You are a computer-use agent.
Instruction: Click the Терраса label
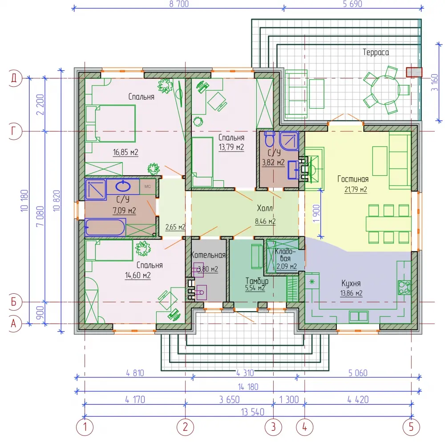[376, 52]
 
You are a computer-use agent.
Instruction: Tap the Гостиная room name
[353, 179]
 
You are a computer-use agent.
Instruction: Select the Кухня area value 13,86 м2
[352, 293]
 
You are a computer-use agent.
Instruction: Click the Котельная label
[208, 255]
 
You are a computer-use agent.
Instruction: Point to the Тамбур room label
[257, 281]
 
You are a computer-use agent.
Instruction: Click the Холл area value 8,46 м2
[265, 221]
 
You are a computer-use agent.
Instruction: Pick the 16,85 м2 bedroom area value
[125, 152]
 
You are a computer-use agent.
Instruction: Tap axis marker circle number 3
[273, 427]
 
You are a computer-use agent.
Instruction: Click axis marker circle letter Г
[13, 131]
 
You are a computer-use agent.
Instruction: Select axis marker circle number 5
[411, 427]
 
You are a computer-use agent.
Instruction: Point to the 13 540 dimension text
[253, 412]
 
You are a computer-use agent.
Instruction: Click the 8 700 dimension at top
[179, 4]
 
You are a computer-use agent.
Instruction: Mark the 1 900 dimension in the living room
[316, 214]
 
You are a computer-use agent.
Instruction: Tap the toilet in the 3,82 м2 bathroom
[269, 138]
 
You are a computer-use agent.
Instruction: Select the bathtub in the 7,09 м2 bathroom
[105, 227]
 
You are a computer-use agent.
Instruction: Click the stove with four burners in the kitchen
[404, 287]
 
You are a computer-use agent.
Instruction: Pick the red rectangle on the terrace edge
[414, 72]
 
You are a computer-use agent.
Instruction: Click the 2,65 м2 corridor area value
[175, 227]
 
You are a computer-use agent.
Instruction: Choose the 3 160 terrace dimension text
[434, 82]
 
